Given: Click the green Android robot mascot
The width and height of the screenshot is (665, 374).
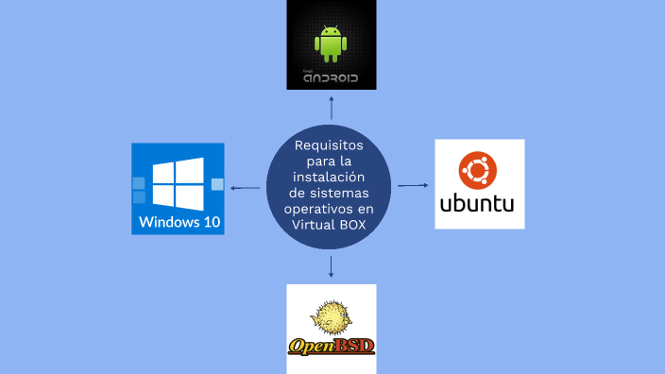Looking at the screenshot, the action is pos(331,44).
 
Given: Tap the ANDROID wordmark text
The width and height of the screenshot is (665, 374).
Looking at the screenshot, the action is pos(331,78).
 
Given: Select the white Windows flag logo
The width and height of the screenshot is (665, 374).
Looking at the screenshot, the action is pos(179,184).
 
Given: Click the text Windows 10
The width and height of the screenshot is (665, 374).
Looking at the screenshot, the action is pos(179,222).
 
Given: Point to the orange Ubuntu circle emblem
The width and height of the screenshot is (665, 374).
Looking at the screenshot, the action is pos(478,170).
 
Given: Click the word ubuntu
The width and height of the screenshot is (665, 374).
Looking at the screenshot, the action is pos(477,204).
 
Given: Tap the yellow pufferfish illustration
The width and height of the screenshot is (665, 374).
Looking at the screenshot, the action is pos(331,317).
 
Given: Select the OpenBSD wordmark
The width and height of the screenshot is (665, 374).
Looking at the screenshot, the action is pos(332,347).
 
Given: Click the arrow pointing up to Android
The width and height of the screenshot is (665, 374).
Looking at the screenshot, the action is pos(332,108).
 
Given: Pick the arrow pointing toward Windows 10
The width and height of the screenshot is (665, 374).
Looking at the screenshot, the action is pos(246,188).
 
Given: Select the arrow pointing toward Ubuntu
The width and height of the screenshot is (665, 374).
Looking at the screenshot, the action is pos(413,185).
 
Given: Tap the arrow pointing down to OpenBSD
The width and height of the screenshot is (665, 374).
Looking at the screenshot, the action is pos(332,266).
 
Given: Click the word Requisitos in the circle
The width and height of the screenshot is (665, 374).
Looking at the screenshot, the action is pos(329,145).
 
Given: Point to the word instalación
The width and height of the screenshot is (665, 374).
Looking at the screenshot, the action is pos(329,177).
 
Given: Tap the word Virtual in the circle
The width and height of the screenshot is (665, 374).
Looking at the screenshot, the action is pos(312,225).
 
